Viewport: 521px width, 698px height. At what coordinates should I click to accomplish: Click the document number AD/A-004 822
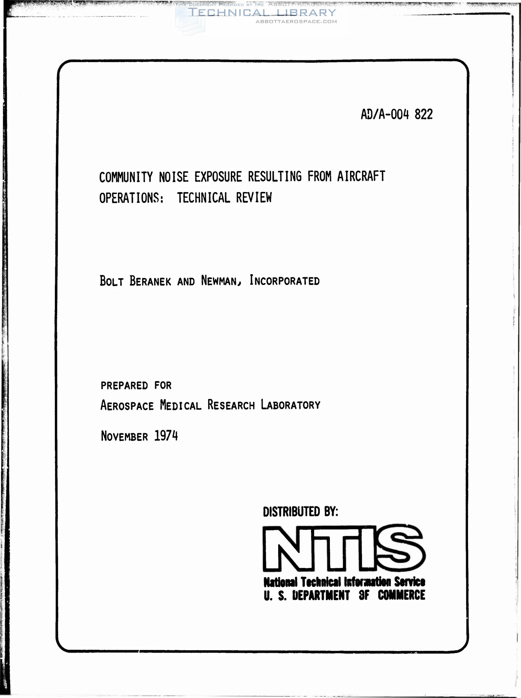click(396, 115)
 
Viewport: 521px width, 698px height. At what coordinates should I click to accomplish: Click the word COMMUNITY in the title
click(126, 177)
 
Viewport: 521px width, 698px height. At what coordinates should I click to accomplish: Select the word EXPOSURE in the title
click(218, 177)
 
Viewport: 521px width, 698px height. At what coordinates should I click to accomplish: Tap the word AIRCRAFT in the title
click(361, 176)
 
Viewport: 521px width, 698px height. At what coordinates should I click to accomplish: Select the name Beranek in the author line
click(150, 281)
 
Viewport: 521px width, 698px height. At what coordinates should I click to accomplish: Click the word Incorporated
click(284, 280)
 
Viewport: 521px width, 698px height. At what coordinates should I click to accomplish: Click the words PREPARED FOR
click(136, 385)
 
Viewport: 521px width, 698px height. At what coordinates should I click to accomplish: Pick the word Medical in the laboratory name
click(180, 405)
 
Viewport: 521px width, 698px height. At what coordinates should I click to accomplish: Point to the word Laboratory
click(290, 405)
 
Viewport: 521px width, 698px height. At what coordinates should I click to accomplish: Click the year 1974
click(166, 436)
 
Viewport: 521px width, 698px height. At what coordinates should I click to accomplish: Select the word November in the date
click(124, 437)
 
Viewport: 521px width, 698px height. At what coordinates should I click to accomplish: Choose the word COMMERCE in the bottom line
click(401, 595)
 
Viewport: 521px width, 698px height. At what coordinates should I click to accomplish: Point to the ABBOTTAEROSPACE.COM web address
click(296, 21)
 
